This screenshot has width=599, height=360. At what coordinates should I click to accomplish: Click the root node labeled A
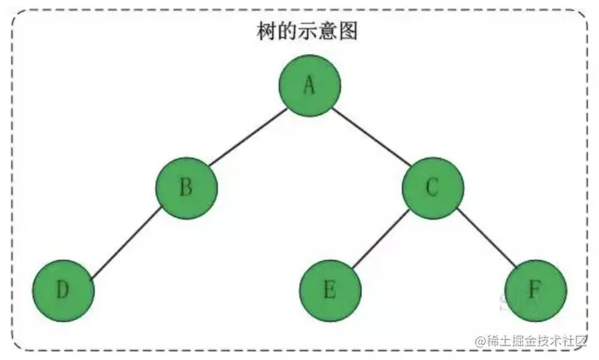coord(309,86)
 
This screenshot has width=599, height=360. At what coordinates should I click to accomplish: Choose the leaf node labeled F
coord(535,290)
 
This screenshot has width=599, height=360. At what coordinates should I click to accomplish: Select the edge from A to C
coord(371,137)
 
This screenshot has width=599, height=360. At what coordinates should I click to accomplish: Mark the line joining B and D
coord(125,239)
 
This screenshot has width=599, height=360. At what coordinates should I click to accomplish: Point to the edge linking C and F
coord(483,239)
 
